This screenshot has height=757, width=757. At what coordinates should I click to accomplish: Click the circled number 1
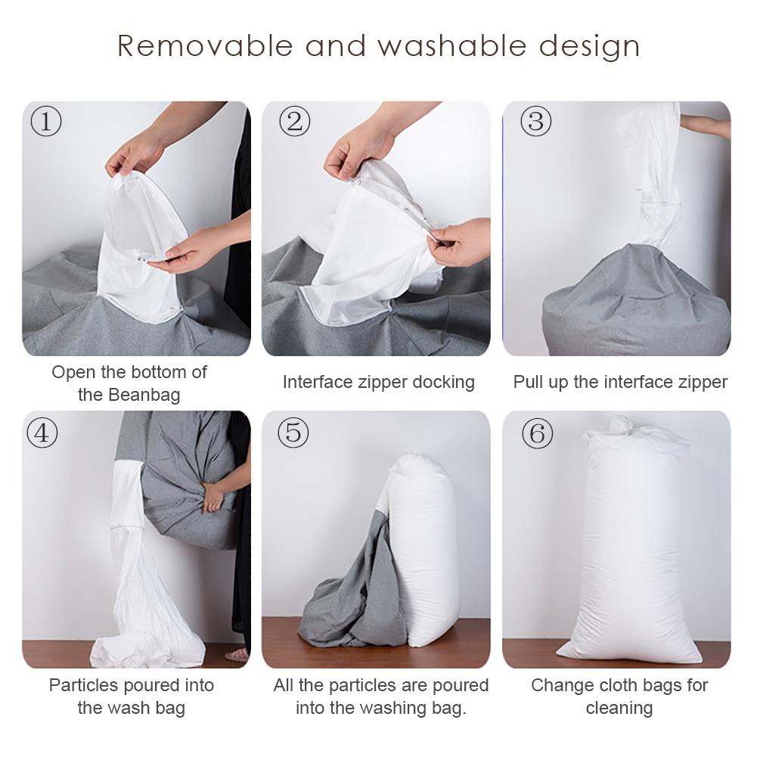click(46, 121)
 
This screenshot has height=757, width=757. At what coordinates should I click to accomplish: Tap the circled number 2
click(295, 121)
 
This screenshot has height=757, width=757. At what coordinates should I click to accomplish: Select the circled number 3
click(535, 121)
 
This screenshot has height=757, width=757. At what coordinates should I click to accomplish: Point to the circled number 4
click(42, 433)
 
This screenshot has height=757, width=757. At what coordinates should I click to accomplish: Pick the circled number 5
click(293, 433)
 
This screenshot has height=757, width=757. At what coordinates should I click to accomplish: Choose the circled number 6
click(537, 433)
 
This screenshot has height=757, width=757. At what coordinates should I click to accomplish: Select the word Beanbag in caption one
click(144, 395)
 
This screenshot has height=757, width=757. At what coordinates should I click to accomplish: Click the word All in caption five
click(284, 685)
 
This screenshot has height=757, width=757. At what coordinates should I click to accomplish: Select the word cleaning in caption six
click(619, 708)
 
